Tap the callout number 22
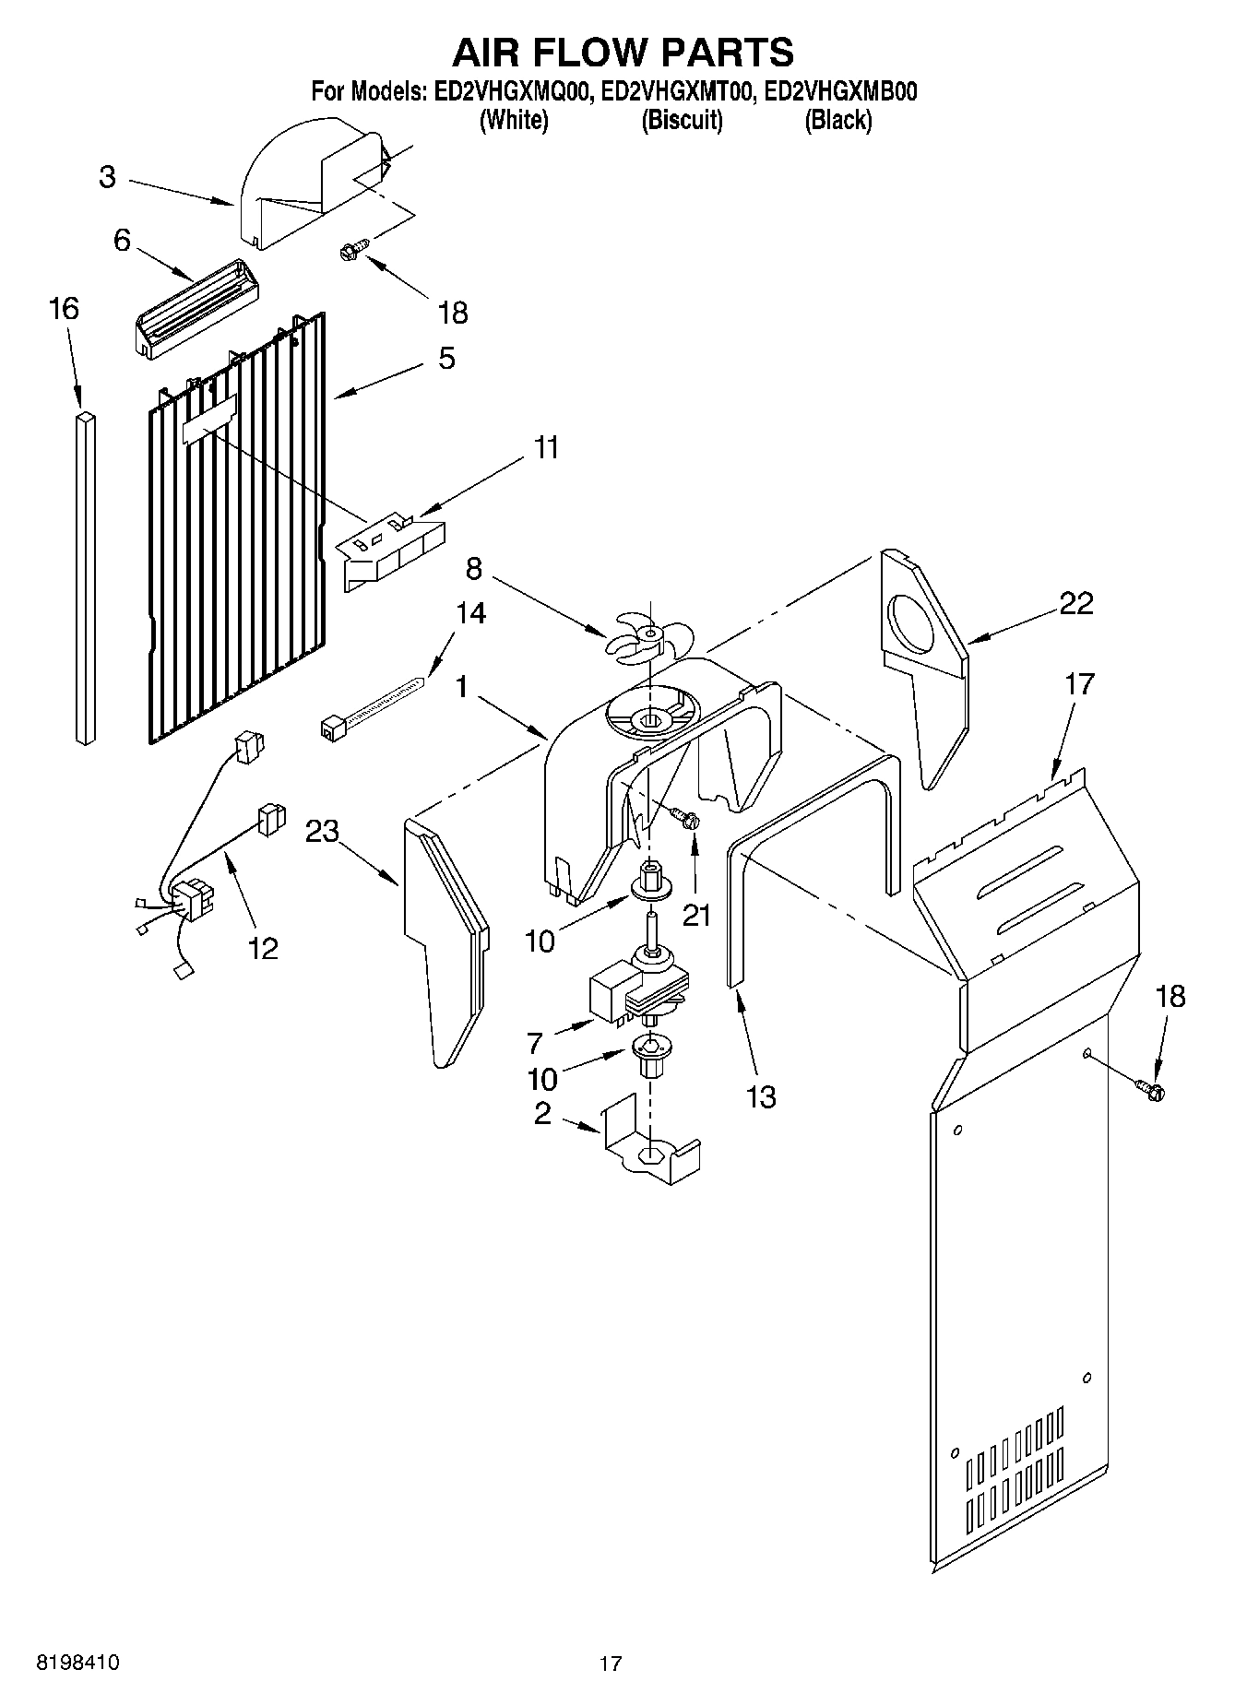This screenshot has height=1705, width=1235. [1075, 603]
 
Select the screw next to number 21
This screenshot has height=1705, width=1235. [685, 817]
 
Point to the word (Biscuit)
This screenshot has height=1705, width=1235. [682, 120]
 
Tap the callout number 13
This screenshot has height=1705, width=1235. [762, 1097]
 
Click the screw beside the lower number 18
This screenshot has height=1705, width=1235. [1152, 1091]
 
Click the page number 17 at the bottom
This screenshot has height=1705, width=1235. [610, 1664]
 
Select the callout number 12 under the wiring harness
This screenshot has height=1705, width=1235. [264, 948]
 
